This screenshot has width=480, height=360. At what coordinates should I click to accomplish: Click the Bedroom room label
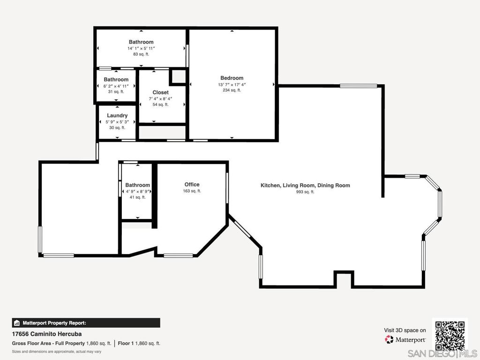tap(232, 78)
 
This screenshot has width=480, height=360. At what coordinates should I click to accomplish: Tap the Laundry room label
tap(117, 115)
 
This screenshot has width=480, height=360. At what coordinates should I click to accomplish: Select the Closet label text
tap(161, 92)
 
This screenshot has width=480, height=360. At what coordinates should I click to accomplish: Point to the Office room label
tap(192, 184)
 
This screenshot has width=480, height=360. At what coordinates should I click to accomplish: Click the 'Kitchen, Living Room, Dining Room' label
tap(305, 185)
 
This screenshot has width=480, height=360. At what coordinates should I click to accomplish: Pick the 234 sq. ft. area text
tap(232, 90)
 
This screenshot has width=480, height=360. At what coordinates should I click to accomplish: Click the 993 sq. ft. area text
tap(305, 192)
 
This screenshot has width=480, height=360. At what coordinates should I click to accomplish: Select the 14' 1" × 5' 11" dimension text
tap(141, 48)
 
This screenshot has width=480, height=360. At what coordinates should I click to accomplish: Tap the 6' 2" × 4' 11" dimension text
tap(116, 86)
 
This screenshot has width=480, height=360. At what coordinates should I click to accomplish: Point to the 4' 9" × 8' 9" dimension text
tap(138, 191)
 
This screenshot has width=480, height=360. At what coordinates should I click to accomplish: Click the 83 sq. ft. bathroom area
tap(141, 54)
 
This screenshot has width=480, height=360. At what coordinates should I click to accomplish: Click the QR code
tap(450, 336)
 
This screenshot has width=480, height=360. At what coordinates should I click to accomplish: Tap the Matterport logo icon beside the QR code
tap(389, 339)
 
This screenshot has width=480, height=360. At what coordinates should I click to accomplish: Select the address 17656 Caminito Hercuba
tap(47, 334)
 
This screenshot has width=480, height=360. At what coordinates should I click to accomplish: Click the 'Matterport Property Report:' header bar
tap(86, 323)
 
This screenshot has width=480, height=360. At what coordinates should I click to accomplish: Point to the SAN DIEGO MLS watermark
tap(442, 353)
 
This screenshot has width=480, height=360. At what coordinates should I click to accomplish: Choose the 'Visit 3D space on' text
tap(405, 330)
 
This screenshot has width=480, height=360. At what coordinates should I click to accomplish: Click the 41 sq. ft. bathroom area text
tap(138, 197)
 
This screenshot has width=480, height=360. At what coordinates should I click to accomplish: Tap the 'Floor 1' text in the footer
tap(126, 344)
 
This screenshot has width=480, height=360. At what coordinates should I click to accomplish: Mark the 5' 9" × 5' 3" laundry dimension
tap(117, 122)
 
